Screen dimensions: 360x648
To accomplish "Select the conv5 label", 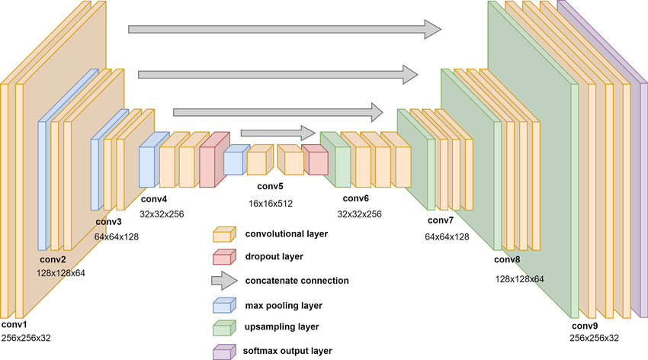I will tap(270, 186).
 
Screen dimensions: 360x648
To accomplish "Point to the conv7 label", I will tap(441, 220).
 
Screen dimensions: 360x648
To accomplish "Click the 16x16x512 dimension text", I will tap(270, 204).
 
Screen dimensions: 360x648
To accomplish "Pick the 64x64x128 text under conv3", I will tap(117, 237).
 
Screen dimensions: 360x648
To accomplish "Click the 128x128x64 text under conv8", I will tap(520, 279).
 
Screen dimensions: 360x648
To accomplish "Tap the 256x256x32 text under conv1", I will tap(25, 337).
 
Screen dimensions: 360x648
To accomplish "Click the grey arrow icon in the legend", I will tap(223, 281).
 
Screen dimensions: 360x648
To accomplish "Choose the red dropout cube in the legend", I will tap(223, 256).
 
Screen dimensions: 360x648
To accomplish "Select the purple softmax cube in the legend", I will tap(223, 352).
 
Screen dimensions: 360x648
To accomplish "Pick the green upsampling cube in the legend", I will tap(223, 328).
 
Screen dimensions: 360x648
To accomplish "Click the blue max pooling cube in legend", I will tap(223, 304).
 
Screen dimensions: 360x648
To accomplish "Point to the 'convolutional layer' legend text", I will tap(287, 233).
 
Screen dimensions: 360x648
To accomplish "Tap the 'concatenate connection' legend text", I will tap(297, 281).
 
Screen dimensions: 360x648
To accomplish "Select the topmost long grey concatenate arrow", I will tap(284, 29).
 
